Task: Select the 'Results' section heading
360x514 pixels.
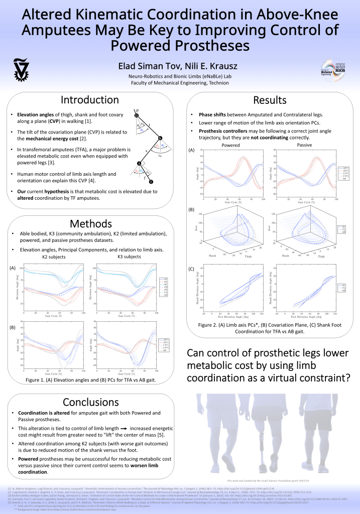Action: coord(270,100)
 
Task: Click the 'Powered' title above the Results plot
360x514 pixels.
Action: coord(227,145)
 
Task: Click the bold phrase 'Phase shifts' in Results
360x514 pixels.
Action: coord(214,114)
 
